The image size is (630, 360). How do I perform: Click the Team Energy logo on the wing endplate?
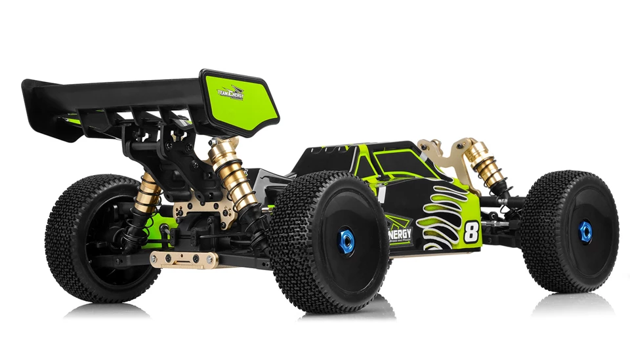(x=230, y=94)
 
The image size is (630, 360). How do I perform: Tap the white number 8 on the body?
(x=470, y=232)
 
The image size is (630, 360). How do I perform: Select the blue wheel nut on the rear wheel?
(x=346, y=241)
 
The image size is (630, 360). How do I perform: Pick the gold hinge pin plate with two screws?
(x=184, y=260)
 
